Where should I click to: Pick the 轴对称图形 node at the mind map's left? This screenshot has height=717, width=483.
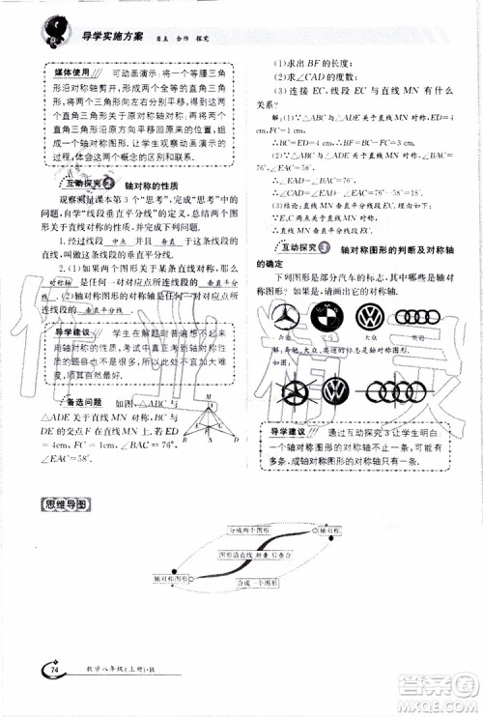(171, 578)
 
